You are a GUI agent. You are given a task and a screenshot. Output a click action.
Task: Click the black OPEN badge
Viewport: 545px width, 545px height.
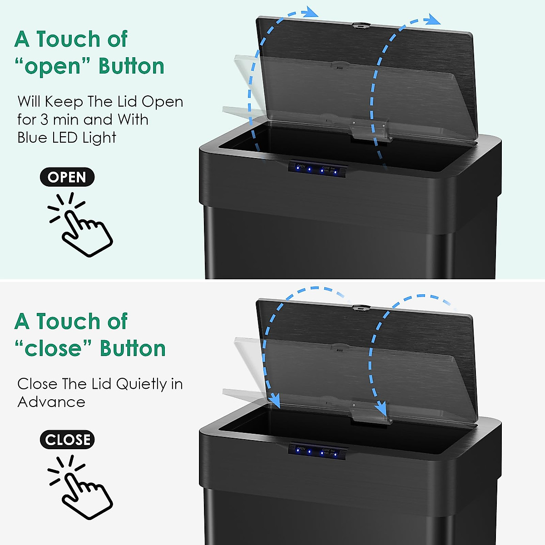tap(67, 177)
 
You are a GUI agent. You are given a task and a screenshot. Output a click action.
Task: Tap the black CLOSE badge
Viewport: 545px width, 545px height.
tap(67, 440)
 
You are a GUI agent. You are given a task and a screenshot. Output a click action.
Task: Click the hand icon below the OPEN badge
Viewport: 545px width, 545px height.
tap(82, 225)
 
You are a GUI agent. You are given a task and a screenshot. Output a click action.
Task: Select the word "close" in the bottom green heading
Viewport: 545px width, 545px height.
tap(54, 349)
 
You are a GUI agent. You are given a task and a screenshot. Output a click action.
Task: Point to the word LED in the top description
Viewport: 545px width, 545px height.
tap(66, 138)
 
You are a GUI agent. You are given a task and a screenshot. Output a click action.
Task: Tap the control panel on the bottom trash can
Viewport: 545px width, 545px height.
tap(317, 451)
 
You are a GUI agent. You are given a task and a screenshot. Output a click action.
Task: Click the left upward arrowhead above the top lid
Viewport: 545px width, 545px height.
tap(311, 12)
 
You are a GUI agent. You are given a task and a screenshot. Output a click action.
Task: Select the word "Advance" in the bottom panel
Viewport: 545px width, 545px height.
tap(51, 402)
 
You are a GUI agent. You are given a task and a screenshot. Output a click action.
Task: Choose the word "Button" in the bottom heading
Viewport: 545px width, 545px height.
tap(133, 349)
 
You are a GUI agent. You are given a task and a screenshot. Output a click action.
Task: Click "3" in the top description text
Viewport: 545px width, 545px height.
tap(44, 120)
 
